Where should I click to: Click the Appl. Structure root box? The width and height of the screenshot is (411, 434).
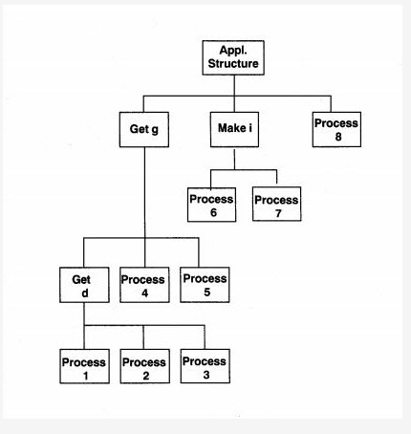(233, 58)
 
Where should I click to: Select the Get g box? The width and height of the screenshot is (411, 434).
(143, 129)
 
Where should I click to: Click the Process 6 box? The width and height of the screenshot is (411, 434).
(210, 206)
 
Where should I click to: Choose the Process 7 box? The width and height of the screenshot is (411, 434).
(275, 206)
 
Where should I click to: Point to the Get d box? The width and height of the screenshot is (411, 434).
(81, 286)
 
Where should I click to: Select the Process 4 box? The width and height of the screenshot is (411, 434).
(143, 286)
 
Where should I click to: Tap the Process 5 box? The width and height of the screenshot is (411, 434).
(205, 285)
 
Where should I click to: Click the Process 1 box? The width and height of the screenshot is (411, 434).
(83, 368)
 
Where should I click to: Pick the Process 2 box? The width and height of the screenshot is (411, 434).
(143, 368)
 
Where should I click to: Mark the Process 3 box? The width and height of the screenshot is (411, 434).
(205, 367)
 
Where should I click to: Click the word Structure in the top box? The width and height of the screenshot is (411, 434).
(233, 65)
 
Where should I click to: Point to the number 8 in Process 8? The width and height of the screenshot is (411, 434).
(337, 136)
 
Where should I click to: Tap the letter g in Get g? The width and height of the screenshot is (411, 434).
(156, 130)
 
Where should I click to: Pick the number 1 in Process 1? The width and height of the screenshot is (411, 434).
(83, 376)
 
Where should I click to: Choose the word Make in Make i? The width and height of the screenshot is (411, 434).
(227, 129)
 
